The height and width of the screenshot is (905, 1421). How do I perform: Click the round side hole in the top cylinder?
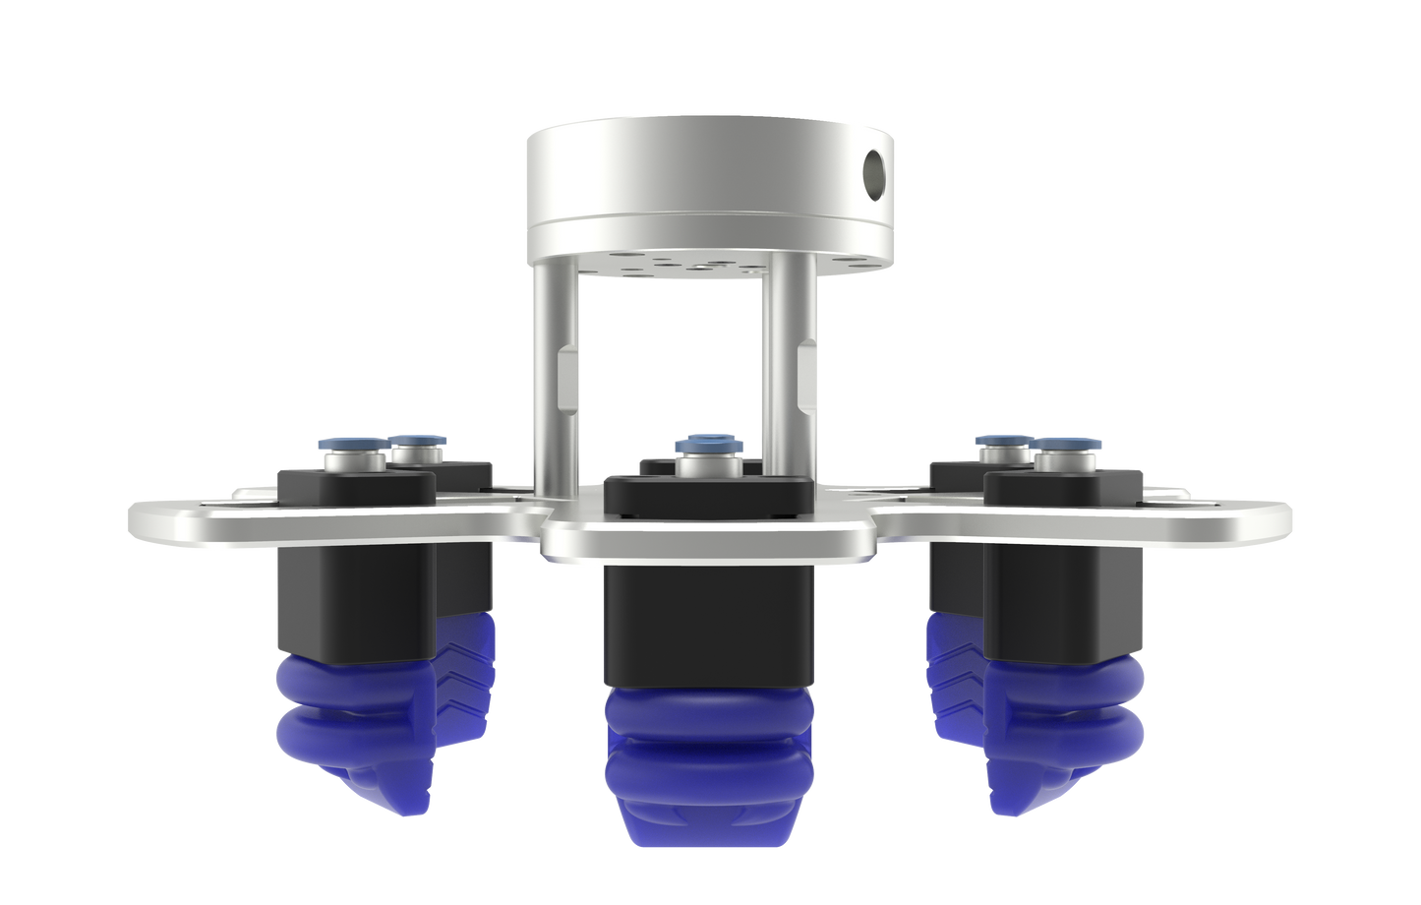pyautogui.click(x=874, y=170)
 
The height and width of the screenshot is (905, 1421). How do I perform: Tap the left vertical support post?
pyautogui.click(x=546, y=384)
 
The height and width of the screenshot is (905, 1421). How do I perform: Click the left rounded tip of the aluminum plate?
pyautogui.click(x=148, y=515)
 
